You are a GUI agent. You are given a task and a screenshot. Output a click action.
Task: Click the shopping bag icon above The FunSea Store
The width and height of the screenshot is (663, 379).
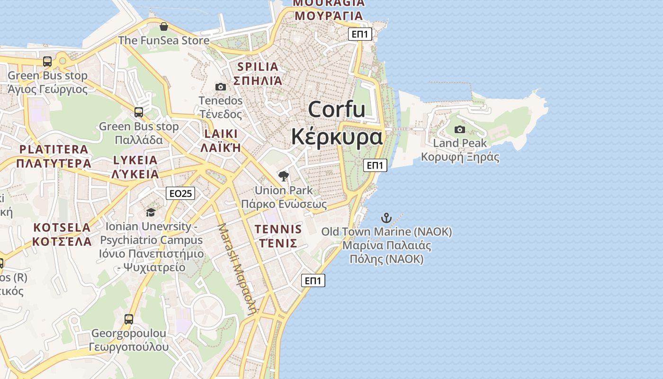(164, 27)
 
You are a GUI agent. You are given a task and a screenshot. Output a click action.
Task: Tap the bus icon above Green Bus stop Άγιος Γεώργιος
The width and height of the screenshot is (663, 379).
(47, 62)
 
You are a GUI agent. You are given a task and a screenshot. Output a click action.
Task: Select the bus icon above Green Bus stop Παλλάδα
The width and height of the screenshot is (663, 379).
(139, 112)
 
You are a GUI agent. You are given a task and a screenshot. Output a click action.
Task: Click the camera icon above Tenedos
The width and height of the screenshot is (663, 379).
(221, 87)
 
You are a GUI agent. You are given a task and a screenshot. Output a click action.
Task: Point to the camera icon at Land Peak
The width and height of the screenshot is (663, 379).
(459, 129)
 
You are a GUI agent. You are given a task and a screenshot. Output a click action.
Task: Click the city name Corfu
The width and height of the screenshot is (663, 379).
(337, 110)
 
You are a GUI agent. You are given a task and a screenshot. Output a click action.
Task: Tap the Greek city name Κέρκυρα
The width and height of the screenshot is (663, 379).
(337, 136)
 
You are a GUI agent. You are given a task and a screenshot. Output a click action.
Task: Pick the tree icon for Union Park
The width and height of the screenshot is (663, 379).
(284, 177)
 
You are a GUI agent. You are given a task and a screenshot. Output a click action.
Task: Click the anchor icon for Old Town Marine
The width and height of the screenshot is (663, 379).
(386, 218)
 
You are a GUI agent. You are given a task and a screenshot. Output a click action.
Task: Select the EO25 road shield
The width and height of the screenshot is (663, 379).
(181, 193)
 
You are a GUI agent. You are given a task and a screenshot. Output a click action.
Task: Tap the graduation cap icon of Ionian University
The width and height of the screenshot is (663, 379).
(151, 212)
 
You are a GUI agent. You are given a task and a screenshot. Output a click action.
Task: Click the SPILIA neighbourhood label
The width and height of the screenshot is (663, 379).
(258, 66)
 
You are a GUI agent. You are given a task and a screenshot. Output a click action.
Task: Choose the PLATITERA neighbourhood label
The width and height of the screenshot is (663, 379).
(54, 149)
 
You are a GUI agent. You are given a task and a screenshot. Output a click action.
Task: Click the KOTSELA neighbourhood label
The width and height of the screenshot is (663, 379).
(62, 227)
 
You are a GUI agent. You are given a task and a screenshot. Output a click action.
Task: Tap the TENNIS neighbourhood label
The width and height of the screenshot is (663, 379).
(278, 229)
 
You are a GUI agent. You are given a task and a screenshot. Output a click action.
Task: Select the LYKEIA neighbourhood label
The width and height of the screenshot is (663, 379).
(135, 160)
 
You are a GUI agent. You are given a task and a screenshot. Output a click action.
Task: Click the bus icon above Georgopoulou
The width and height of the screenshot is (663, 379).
(129, 319)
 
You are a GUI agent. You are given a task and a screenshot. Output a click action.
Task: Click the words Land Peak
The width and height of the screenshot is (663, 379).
(460, 143)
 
